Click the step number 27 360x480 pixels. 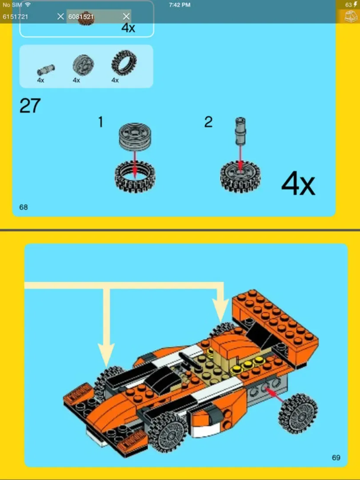click(30, 106)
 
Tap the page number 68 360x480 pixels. click(24, 207)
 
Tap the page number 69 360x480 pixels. click(336, 458)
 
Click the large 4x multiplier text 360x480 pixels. click(298, 184)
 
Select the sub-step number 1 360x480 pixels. click(100, 122)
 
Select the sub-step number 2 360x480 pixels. click(208, 122)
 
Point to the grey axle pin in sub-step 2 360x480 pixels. click(240, 132)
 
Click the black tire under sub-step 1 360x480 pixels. click(135, 176)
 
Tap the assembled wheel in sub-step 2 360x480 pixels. click(240, 176)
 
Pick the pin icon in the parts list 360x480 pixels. click(45, 69)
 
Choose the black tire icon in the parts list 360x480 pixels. click(124, 63)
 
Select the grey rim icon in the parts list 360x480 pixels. click(83, 65)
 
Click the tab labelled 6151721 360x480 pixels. click(16, 16)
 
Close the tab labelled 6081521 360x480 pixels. click(126, 16)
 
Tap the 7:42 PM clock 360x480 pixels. click(180, 5)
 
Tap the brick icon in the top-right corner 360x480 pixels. click(350, 16)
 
